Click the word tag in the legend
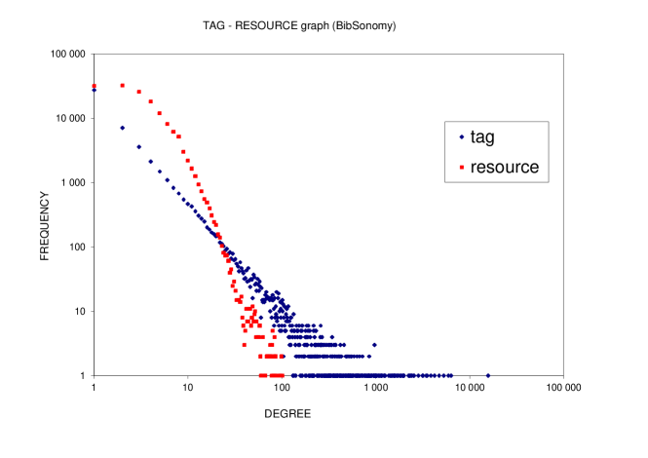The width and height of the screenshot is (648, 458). point(482,137)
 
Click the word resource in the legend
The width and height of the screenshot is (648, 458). point(504,167)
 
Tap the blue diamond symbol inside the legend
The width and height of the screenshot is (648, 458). point(461,137)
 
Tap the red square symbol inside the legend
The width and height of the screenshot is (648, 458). point(461,168)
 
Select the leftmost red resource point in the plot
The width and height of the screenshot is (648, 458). point(94,86)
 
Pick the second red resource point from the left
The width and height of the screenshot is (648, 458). point(122,86)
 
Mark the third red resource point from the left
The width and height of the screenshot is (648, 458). point(138,92)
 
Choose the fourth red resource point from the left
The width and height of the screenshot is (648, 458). point(150,101)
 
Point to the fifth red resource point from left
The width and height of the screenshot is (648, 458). point(159,113)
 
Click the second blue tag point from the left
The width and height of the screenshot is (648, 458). point(122,127)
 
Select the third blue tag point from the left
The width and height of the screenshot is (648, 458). point(138,147)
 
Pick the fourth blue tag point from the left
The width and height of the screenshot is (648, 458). point(150,162)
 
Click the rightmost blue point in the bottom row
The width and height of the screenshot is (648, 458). point(488,375)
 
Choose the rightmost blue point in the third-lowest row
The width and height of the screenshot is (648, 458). point(374,344)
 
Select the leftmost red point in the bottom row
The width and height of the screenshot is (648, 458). point(260,375)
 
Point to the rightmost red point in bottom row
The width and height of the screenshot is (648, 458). point(283,375)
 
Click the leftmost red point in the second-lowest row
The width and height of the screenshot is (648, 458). point(260,356)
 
